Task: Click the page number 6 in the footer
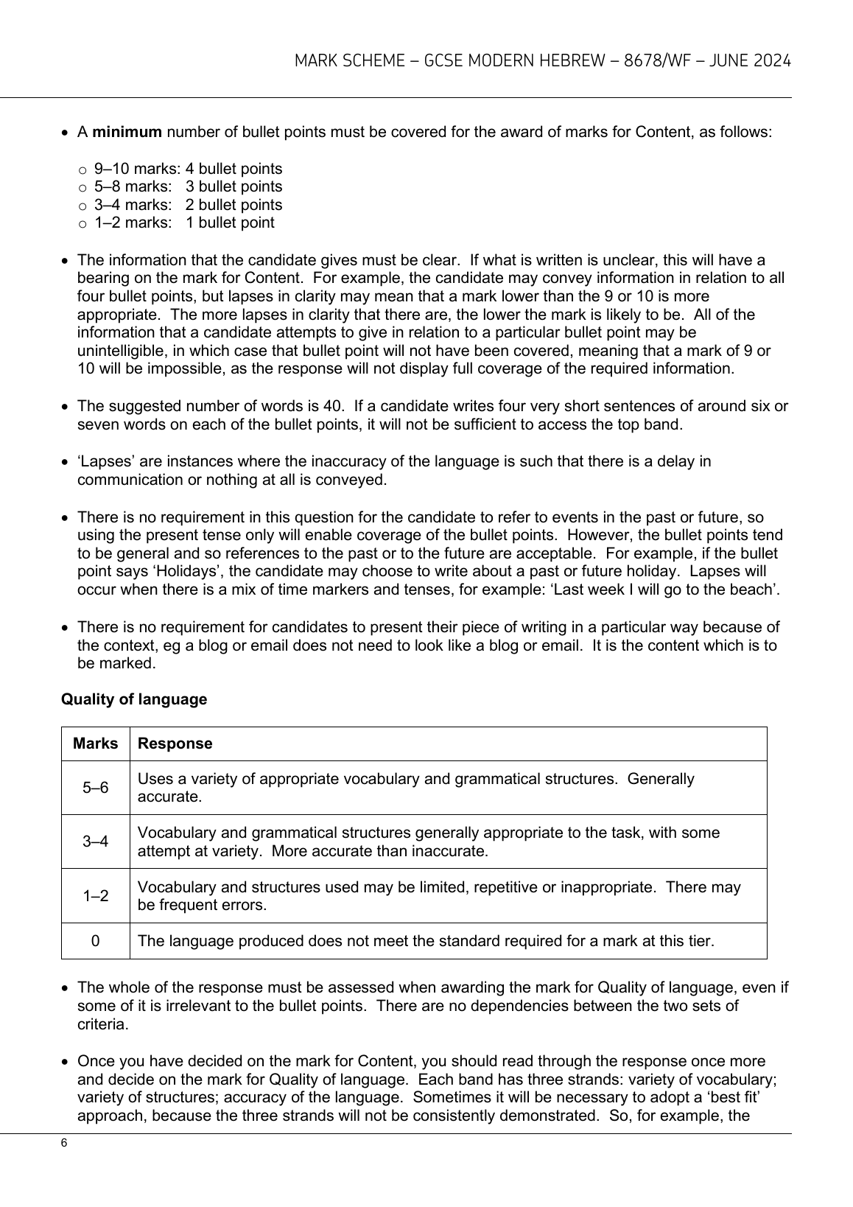point(64,1143)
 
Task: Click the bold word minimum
point(127,133)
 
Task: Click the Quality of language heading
point(134,699)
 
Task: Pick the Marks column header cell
point(96,744)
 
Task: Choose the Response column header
point(175,744)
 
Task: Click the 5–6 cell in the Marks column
point(96,788)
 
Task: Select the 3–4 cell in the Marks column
point(96,842)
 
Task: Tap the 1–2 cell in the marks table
point(96,896)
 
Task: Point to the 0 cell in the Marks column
point(96,941)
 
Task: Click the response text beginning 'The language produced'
point(426,941)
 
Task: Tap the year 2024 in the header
point(772,61)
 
